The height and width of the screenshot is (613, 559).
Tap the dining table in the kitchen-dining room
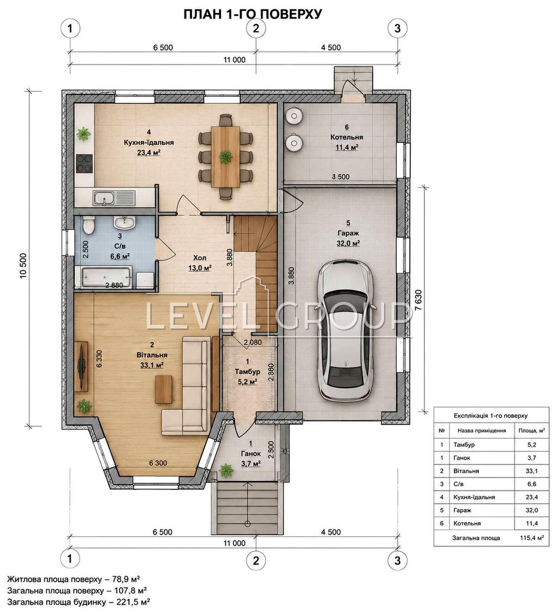pyautogui.click(x=226, y=156)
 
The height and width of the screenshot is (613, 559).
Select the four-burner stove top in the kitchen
pyautogui.click(x=84, y=164)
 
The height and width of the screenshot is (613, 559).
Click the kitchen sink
pyautogui.click(x=104, y=198)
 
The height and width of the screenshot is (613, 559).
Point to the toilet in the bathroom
pyautogui.click(x=88, y=225)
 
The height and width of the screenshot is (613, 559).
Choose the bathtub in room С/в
pyautogui.click(x=106, y=277)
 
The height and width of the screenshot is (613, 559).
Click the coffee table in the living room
pyautogui.click(x=163, y=389)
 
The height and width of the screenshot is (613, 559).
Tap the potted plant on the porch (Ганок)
pyautogui.click(x=226, y=470)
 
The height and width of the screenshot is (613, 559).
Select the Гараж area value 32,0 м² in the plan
pyautogui.click(x=348, y=243)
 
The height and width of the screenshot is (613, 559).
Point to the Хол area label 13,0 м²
pyautogui.click(x=200, y=268)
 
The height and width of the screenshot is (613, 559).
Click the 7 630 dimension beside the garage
pyautogui.click(x=418, y=300)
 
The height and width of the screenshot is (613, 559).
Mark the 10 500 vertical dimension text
pyautogui.click(x=24, y=266)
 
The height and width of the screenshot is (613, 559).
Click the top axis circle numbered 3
pyautogui.click(x=397, y=29)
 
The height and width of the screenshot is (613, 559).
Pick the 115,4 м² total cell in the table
pyautogui.click(x=532, y=538)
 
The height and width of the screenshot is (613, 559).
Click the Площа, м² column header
pyautogui.click(x=531, y=431)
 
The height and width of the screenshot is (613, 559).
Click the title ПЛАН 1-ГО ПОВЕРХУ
pyautogui.click(x=253, y=14)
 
